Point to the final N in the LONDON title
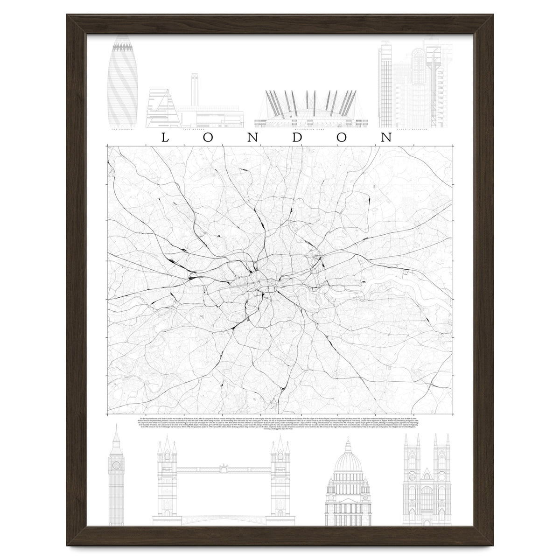[x=386, y=137]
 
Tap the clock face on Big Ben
[x=116, y=465]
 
